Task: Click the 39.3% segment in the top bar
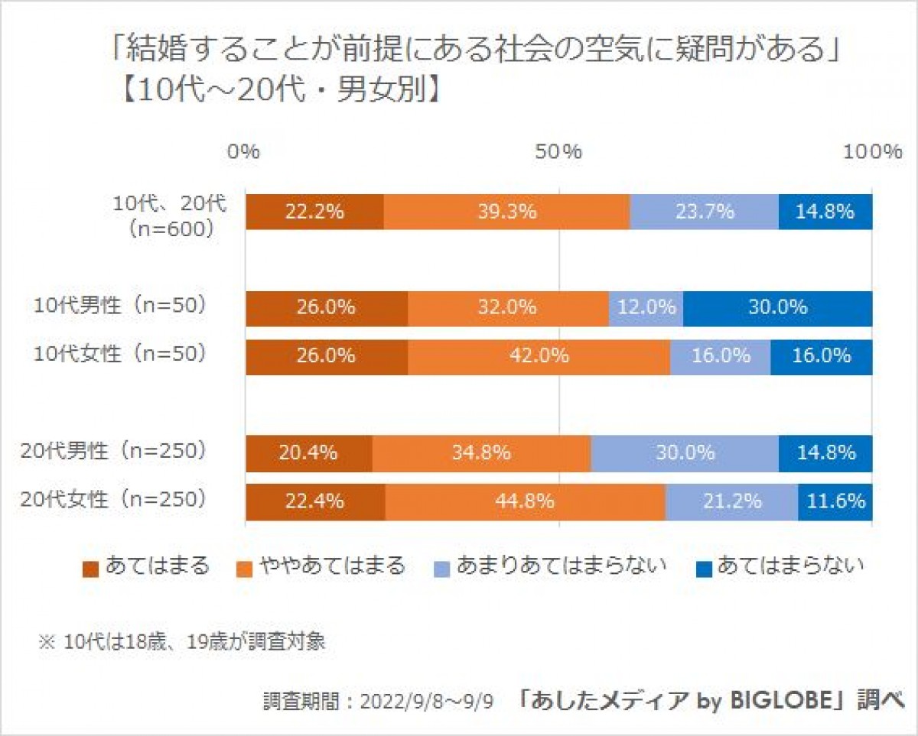506,212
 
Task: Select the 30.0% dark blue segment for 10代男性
777,308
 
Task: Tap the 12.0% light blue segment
646,308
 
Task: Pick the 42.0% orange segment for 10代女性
539,355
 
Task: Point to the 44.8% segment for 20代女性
525,501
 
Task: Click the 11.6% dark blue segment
835,501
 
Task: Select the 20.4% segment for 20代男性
309,453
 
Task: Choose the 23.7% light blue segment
704,212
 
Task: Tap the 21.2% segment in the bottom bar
731,501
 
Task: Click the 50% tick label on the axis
558,151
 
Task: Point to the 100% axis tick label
872,151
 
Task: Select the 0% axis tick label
245,151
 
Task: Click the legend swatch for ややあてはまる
246,569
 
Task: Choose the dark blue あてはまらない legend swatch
704,569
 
